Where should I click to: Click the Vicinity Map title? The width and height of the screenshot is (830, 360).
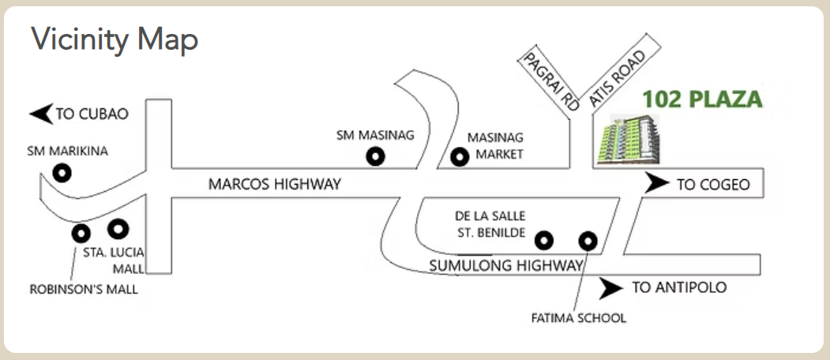[115, 39]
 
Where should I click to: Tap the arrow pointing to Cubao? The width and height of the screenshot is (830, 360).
[41, 114]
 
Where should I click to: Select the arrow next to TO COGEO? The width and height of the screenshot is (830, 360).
[656, 185]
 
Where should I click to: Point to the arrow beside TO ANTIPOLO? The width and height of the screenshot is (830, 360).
[611, 288]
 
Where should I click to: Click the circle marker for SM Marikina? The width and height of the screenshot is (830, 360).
[61, 172]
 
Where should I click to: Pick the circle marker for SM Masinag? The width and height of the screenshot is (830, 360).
[376, 157]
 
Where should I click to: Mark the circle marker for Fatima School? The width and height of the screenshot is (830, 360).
[588, 240]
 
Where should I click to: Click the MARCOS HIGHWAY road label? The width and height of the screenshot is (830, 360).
[274, 185]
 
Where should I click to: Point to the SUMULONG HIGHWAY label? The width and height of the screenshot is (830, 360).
[506, 266]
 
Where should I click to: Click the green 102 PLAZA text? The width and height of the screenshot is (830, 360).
[701, 100]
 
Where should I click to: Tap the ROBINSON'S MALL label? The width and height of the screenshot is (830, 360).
[84, 289]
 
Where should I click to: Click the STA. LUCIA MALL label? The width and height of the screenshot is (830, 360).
[114, 261]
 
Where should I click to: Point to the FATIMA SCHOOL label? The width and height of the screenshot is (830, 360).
[579, 318]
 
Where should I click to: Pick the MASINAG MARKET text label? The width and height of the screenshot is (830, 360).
[495, 146]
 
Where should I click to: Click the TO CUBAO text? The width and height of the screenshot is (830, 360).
[92, 114]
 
